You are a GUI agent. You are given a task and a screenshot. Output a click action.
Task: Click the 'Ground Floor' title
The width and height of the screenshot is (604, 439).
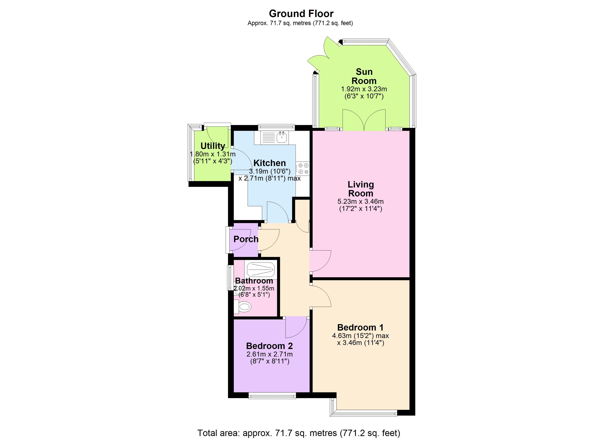point(301,14)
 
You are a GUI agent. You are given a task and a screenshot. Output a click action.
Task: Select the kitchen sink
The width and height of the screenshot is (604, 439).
point(281,137)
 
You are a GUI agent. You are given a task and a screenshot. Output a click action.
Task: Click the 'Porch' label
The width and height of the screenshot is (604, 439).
point(246,239)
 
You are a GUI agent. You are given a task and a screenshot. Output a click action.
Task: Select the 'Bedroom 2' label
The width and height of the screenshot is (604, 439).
point(269,346)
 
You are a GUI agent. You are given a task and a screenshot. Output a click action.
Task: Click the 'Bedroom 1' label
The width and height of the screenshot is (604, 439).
point(360,327)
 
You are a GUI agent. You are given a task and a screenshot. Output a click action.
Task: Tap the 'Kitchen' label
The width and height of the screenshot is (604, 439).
point(269,163)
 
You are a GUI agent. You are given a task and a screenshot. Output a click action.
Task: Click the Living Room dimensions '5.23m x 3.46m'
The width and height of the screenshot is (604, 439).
point(361,202)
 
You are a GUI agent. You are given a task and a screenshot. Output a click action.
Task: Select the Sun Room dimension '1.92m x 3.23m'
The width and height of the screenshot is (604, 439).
point(364,89)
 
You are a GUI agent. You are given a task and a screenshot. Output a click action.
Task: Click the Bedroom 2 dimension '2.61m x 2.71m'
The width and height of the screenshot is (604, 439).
point(269,354)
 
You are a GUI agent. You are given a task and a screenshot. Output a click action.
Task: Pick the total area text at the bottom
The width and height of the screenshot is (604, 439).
point(299,433)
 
